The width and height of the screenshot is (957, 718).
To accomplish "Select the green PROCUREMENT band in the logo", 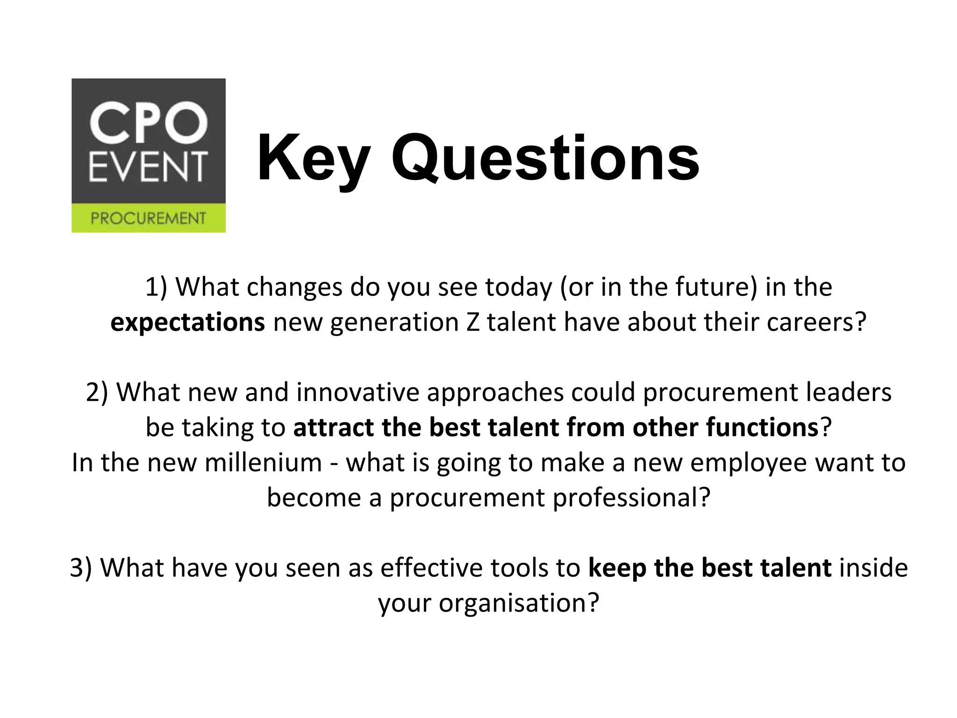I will (x=148, y=218).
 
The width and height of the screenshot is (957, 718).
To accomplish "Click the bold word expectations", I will (x=187, y=323).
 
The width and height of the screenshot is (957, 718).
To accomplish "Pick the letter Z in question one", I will (x=472, y=323).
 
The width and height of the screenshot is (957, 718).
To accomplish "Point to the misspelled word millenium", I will (x=263, y=462).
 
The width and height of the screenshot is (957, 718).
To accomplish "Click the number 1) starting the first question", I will (x=156, y=287).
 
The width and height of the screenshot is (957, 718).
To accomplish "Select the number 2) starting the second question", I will (x=97, y=392).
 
